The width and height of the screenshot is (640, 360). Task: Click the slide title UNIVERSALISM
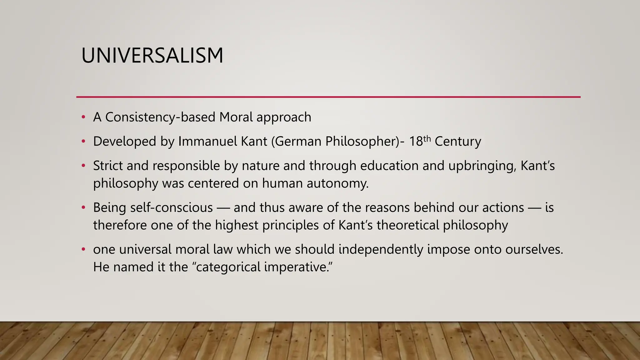click(152, 56)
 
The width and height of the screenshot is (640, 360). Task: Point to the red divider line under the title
click(328, 97)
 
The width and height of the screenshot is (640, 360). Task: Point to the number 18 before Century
click(416, 142)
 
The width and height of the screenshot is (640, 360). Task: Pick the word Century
click(458, 141)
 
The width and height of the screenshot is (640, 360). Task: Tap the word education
click(389, 166)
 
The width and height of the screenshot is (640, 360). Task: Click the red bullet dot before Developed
click(83, 142)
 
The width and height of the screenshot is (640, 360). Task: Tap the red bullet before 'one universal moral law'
click(83, 249)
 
